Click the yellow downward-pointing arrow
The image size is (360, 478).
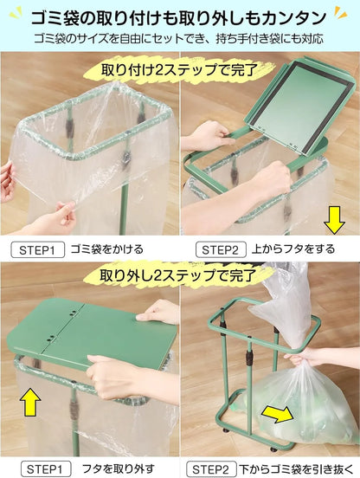tap(334, 220)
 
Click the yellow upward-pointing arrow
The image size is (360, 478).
tap(30, 402)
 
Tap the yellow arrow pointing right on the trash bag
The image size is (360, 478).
tap(278, 413)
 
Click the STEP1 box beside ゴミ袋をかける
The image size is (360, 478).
tap(38, 250)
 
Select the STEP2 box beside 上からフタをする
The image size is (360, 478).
tap(221, 250)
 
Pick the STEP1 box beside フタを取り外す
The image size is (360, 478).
tap(46, 468)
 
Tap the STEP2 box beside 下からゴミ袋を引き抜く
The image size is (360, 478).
tap(211, 468)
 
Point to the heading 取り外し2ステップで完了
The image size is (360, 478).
tap(178, 275)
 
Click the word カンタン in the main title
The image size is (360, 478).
tap(295, 18)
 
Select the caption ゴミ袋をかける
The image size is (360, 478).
tap(107, 249)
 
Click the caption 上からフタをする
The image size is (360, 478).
tap(293, 249)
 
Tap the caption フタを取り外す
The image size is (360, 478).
tap(119, 468)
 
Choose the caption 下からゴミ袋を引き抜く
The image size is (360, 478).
tap(296, 468)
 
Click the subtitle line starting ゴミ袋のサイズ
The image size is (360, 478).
tap(178, 39)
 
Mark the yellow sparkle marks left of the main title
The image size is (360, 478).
tap(16, 15)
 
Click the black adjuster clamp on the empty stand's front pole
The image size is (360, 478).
tap(249, 356)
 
